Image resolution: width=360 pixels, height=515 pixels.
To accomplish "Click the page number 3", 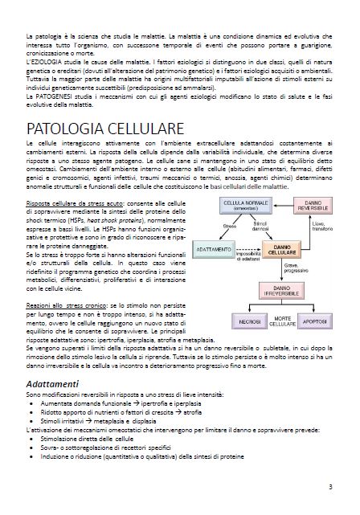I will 330,486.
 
